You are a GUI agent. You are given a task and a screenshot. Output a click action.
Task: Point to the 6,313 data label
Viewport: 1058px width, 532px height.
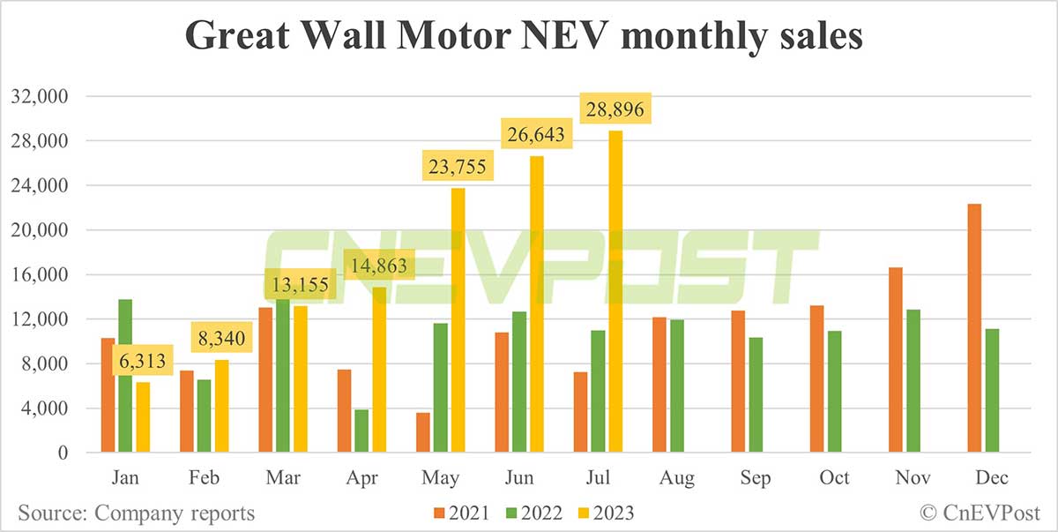[142, 362]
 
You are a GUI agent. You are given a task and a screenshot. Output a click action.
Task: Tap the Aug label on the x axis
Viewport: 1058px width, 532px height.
[676, 478]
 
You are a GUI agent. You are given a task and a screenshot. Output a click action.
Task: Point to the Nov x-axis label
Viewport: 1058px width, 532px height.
[913, 478]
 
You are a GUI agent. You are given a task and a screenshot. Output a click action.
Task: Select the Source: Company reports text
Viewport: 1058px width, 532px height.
[136, 513]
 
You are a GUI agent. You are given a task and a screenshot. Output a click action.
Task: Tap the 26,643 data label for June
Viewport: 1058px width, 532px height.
[537, 136]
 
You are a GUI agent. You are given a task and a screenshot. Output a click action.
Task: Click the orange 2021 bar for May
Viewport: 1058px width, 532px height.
[423, 432]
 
